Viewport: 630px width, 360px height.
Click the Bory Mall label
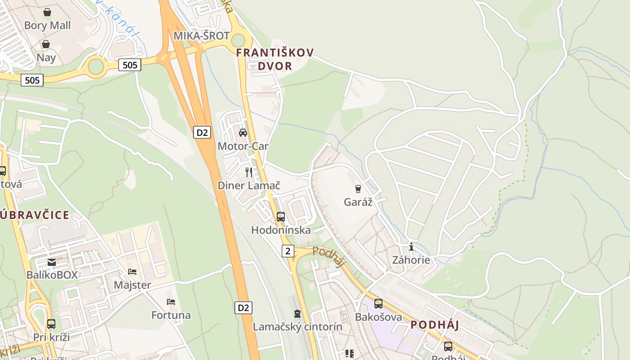click(x=47, y=25)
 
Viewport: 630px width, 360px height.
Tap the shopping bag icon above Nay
click(x=46, y=44)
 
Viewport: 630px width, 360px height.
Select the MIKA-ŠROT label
click(x=202, y=36)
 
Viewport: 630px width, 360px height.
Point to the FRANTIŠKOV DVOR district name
click(x=275, y=59)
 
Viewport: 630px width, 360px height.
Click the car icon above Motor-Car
click(x=243, y=133)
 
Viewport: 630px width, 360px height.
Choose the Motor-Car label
click(x=243, y=146)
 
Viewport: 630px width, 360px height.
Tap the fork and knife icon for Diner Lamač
click(x=249, y=172)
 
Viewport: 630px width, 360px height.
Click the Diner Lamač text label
click(x=249, y=185)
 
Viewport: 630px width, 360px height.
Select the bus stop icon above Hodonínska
click(x=281, y=216)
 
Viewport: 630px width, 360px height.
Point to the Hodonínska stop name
click(x=281, y=230)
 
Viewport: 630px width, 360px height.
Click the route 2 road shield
click(x=288, y=251)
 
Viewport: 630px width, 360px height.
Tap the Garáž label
click(x=358, y=202)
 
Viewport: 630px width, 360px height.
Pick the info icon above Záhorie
click(x=411, y=247)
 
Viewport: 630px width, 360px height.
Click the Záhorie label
click(x=411, y=260)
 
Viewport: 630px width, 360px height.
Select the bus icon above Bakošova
click(x=378, y=303)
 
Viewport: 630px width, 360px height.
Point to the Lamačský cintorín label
click(x=297, y=327)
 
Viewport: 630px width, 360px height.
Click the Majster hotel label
click(x=132, y=285)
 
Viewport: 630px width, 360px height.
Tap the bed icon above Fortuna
click(x=171, y=301)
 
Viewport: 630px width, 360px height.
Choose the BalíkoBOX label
click(x=52, y=275)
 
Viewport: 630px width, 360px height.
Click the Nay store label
click(x=46, y=58)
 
